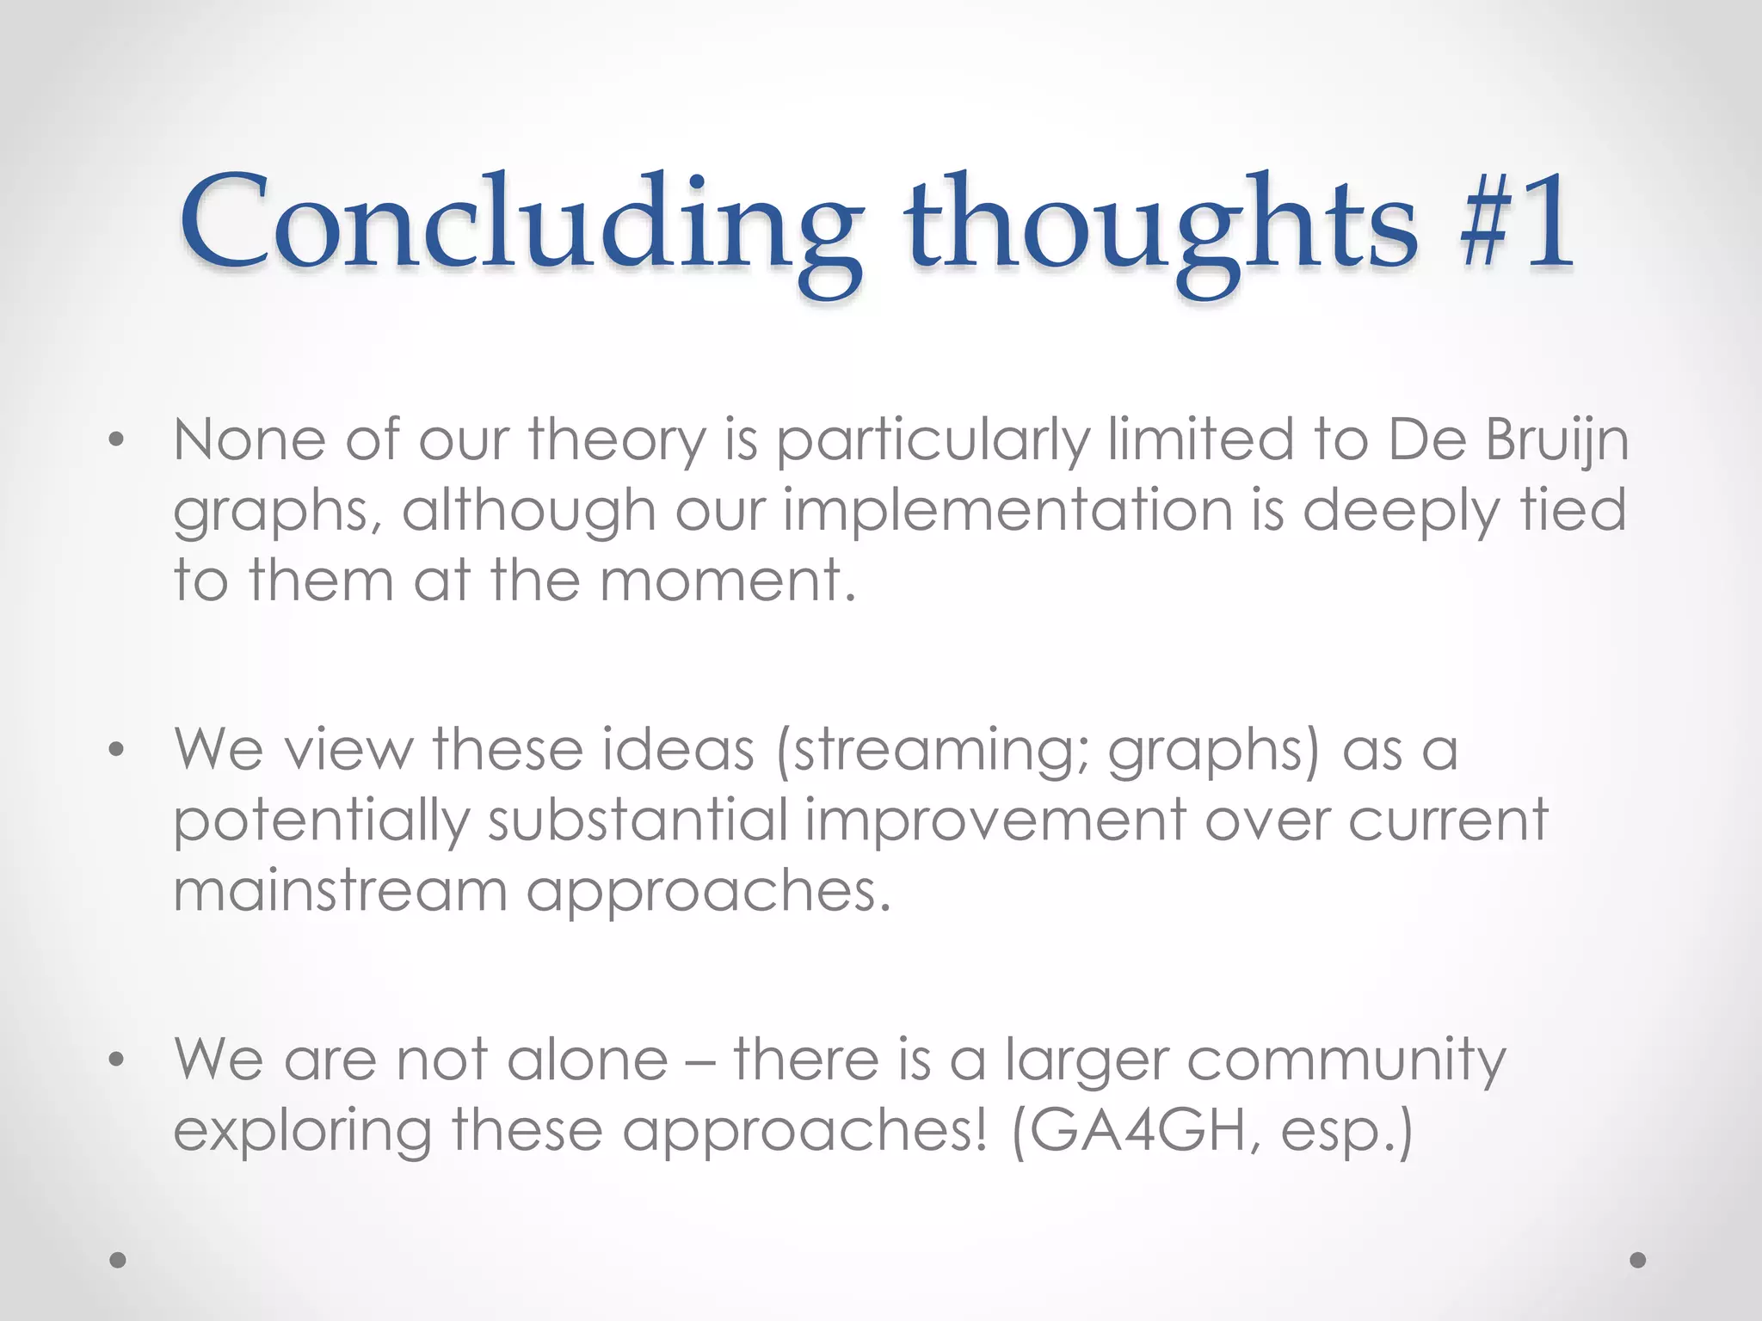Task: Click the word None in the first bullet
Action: tap(250, 439)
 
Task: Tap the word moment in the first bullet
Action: tap(728, 581)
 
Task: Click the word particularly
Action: tap(933, 441)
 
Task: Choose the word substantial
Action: tap(638, 820)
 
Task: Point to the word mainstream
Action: tap(341, 890)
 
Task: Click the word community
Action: tap(1346, 1060)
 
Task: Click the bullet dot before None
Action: tap(117, 441)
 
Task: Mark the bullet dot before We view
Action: tap(117, 751)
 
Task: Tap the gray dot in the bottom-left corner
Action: tap(118, 1260)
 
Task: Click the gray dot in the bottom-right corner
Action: tap(1638, 1260)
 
